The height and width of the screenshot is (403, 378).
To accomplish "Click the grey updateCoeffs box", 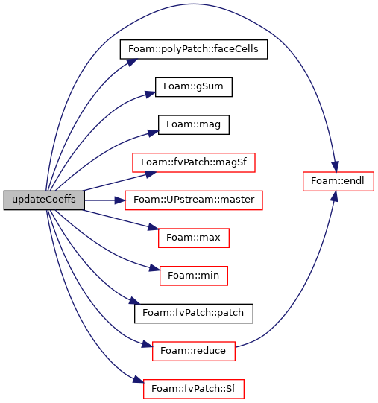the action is tap(44, 200).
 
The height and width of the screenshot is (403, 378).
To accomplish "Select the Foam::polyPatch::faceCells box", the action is tap(194, 49).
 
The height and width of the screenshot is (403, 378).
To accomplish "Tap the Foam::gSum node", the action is tap(194, 87).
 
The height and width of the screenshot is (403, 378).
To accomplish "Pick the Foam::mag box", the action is tap(194, 125).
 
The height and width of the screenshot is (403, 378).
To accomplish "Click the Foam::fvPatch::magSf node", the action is tap(194, 162).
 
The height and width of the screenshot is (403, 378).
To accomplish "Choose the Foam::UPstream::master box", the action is tap(194, 200).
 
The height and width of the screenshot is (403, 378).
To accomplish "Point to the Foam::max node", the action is tap(194, 238).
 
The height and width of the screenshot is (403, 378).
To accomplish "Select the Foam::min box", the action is tap(194, 276).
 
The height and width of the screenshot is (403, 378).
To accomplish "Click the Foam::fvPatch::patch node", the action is tap(194, 314).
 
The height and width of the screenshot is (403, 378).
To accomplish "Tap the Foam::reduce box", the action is tap(194, 352).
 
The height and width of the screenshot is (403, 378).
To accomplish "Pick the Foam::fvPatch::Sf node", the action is tap(194, 389).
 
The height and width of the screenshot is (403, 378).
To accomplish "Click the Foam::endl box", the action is tap(338, 182).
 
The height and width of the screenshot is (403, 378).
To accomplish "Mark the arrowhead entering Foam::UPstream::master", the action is tap(119, 200).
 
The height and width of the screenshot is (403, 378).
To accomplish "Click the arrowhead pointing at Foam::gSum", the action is tap(151, 94).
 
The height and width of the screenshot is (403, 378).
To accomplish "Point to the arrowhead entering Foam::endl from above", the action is tap(335, 167).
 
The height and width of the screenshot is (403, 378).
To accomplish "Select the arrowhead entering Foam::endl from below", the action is tap(334, 197).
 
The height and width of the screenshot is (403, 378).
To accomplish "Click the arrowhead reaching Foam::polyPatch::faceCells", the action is tap(132, 62).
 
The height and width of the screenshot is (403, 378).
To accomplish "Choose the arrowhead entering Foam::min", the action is tap(154, 268).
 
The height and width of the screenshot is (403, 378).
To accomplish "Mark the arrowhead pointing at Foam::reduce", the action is tap(147, 344).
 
